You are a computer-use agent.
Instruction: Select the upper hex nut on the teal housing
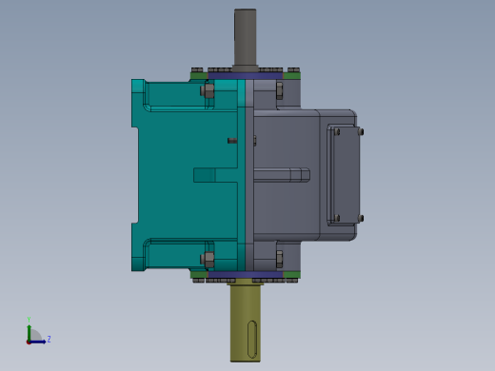pyautogui.click(x=208, y=91)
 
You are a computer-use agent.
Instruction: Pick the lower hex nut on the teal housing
pyautogui.click(x=208, y=258)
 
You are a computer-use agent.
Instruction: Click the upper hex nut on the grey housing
pyautogui.click(x=279, y=91)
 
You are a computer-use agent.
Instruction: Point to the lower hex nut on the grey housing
pyautogui.click(x=279, y=258)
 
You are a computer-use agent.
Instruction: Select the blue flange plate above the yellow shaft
pyautogui.click(x=246, y=275)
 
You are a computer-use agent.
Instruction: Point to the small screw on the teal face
pyautogui.click(x=231, y=141)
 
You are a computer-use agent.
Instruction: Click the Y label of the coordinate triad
pyautogui.click(x=29, y=321)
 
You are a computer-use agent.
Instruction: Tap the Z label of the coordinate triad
pyautogui.click(x=49, y=339)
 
